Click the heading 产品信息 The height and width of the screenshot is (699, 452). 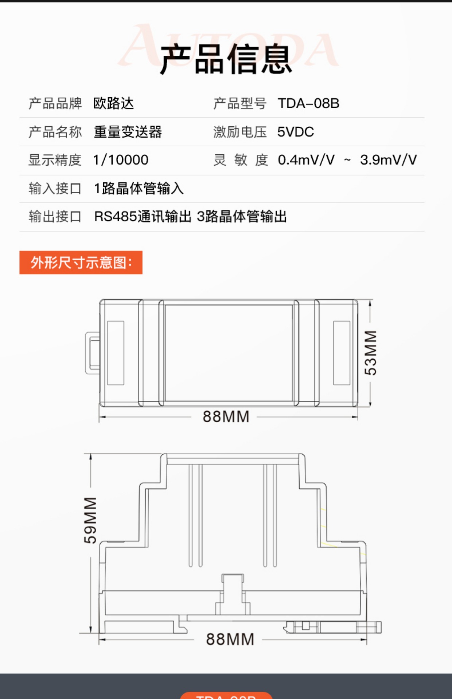click(x=226, y=59)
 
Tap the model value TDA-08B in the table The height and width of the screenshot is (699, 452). click(x=308, y=103)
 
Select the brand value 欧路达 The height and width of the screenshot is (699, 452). click(x=113, y=103)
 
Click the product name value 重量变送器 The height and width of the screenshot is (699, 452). click(x=128, y=132)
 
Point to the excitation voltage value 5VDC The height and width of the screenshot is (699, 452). click(x=295, y=132)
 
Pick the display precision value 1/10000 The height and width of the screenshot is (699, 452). click(x=121, y=160)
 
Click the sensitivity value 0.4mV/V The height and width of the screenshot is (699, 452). click(x=306, y=160)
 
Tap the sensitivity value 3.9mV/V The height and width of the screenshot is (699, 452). click(x=388, y=160)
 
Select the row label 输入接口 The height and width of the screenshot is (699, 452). click(x=55, y=189)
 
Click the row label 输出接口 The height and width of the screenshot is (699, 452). click(x=55, y=217)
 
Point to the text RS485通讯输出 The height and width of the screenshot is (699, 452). click(x=143, y=217)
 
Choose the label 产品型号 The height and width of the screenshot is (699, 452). click(x=240, y=103)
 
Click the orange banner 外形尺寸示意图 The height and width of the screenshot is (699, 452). click(x=81, y=262)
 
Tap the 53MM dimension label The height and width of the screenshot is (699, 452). click(x=371, y=352)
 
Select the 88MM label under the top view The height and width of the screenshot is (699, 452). click(x=226, y=416)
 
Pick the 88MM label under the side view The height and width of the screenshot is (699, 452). click(x=230, y=639)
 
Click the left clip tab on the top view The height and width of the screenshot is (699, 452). click(x=92, y=353)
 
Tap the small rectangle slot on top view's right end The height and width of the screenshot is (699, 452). click(x=342, y=353)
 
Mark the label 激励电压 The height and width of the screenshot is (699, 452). click(x=240, y=132)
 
